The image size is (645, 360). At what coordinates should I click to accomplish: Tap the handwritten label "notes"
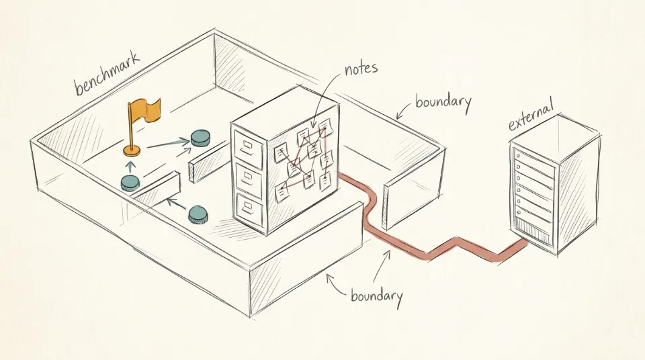361,68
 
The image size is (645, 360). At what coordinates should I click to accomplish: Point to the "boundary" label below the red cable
376,296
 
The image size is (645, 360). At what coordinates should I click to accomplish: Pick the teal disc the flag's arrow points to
201,138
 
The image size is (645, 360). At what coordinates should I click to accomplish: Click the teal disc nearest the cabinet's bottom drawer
198,215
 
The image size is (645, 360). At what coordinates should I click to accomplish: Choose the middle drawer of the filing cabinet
248,179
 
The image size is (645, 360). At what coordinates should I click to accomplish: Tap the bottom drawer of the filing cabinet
249,210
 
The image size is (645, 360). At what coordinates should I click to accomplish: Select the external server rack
553,185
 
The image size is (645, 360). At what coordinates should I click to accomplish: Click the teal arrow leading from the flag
168,144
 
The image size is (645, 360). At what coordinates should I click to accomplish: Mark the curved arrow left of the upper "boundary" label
404,110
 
